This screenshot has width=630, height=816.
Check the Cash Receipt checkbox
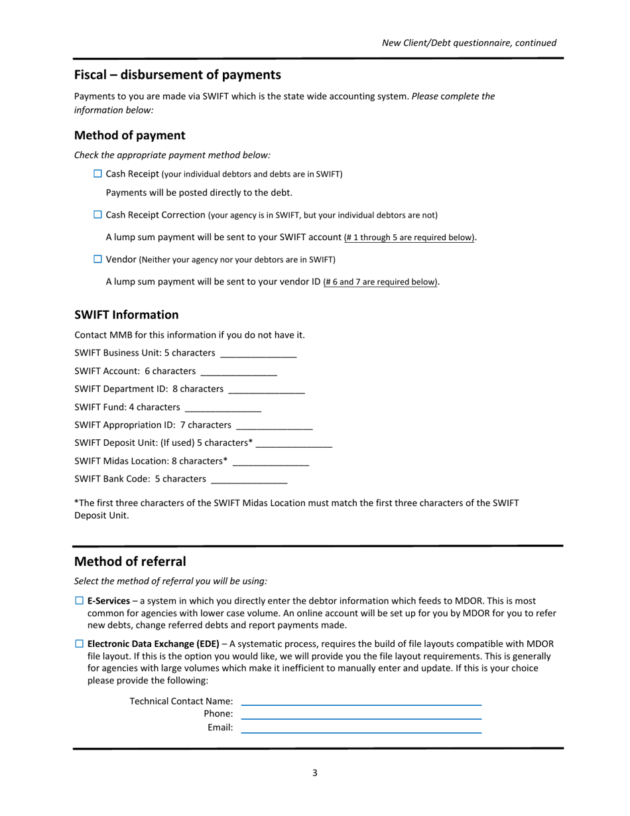(97, 174)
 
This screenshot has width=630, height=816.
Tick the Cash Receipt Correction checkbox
(97, 215)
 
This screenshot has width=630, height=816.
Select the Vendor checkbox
(97, 259)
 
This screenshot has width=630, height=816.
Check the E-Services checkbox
(79, 600)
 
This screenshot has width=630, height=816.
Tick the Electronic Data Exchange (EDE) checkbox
(79, 644)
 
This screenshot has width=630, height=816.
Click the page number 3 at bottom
(314, 772)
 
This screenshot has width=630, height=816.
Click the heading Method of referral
(130, 561)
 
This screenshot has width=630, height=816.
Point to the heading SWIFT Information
(126, 314)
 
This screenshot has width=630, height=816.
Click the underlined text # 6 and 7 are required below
(381, 282)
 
